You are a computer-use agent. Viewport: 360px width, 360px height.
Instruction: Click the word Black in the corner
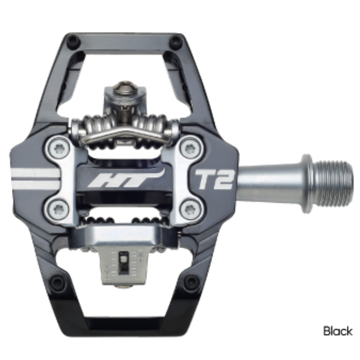coord(338,330)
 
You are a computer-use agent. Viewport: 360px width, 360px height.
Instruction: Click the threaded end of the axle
coord(335,183)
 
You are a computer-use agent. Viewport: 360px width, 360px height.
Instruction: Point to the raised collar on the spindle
coord(306,183)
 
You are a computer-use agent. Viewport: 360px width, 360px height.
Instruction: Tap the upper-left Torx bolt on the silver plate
coord(57,149)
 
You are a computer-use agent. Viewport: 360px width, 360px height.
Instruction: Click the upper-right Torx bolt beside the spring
coord(191,149)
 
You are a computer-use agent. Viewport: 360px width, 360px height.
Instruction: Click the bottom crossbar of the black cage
coord(124,326)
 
